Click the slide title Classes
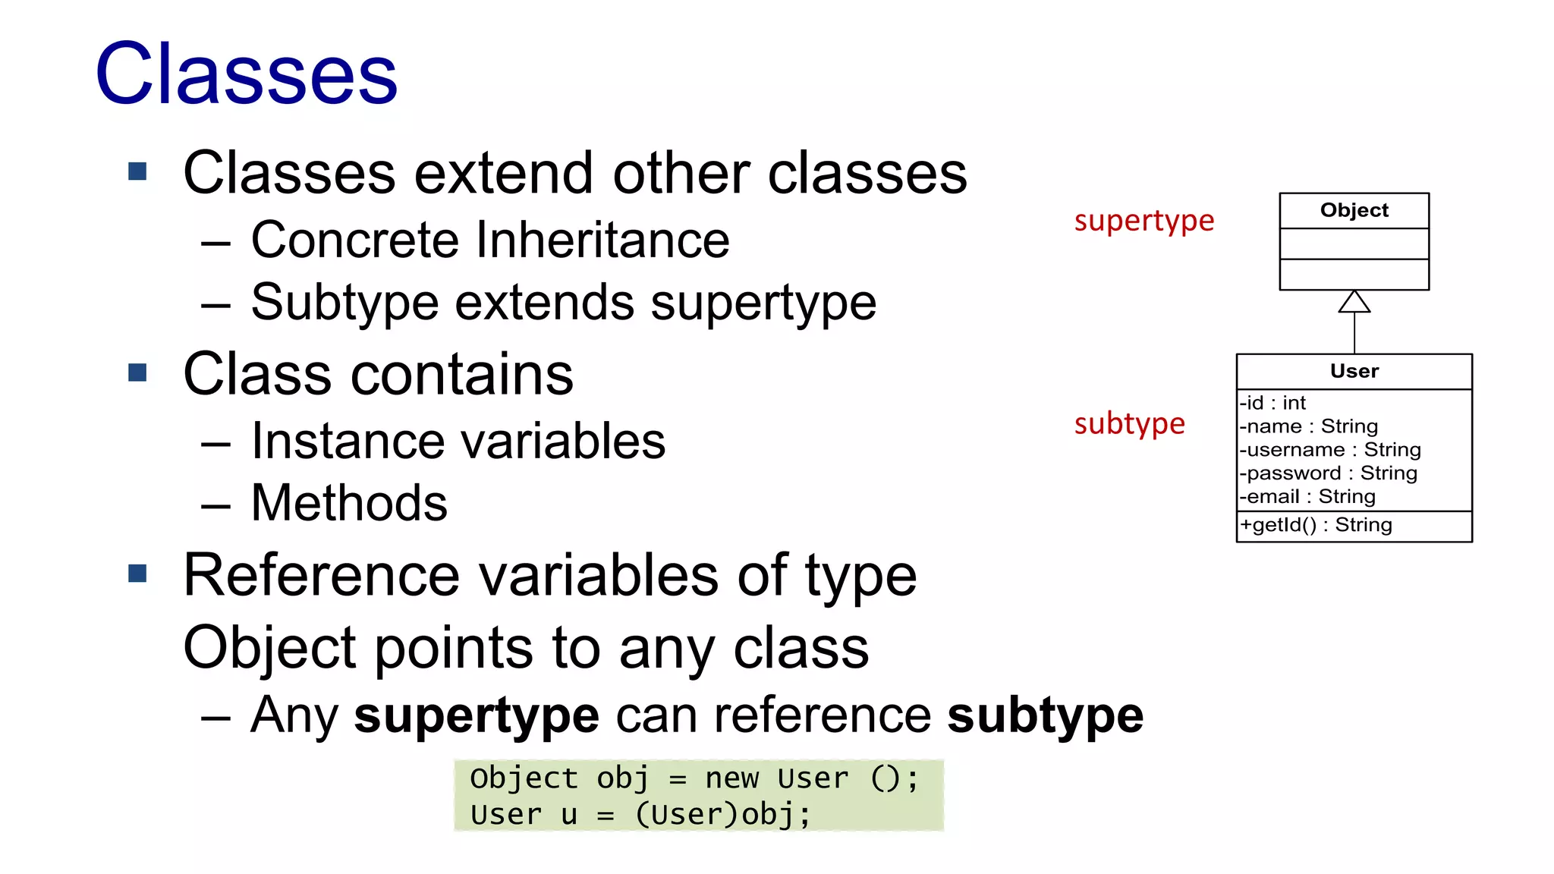[247, 74]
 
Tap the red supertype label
[1143, 221]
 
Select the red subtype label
[1129, 423]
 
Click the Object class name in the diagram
[1354, 210]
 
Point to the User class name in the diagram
[1354, 371]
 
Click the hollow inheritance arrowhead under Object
[1354, 302]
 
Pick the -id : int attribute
[1272, 403]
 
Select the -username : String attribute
[1330, 450]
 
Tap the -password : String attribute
[1329, 473]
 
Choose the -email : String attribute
[1307, 497]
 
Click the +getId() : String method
[1316, 525]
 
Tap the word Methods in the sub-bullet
[349, 503]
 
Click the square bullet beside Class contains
[137, 373]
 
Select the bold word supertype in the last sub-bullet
[477, 715]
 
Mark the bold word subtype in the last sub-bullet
[1045, 715]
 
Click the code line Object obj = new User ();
[694, 778]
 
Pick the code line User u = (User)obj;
[640, 815]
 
